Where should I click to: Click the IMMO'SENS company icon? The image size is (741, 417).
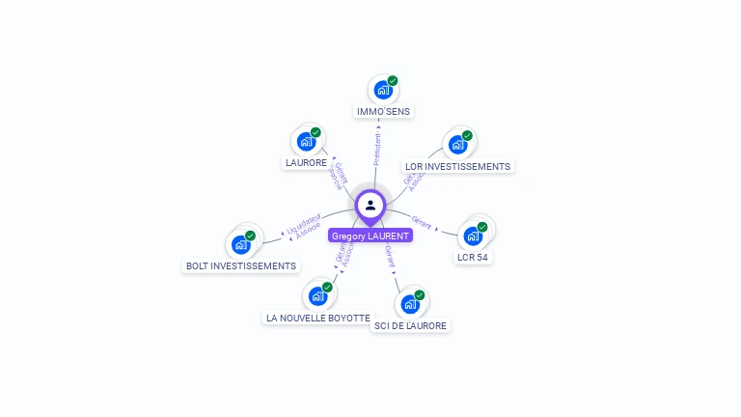383,91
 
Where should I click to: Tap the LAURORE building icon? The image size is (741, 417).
307,142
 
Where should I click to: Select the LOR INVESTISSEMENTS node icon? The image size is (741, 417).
457,146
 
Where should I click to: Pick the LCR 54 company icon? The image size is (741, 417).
473,236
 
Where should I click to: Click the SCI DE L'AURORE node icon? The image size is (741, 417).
410,305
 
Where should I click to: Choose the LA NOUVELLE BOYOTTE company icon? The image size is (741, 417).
317,296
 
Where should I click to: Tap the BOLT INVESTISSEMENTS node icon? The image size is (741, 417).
241,244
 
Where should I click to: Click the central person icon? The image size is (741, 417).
370,205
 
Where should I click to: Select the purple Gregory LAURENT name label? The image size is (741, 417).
370,236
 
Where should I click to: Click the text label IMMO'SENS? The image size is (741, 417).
383,112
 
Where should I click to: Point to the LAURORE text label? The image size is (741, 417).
306,163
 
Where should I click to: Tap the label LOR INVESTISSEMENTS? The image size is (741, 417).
457,167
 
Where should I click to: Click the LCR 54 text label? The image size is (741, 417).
472,257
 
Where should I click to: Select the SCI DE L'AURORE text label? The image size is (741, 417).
410,326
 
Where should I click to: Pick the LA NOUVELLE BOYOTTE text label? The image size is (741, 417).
317,318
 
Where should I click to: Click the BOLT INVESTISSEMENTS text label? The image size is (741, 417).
241,265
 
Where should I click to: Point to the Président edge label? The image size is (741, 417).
377,149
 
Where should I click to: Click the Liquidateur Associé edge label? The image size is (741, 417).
304,229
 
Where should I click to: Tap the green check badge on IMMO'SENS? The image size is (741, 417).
393,81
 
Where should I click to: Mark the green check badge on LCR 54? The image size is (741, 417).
482,227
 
